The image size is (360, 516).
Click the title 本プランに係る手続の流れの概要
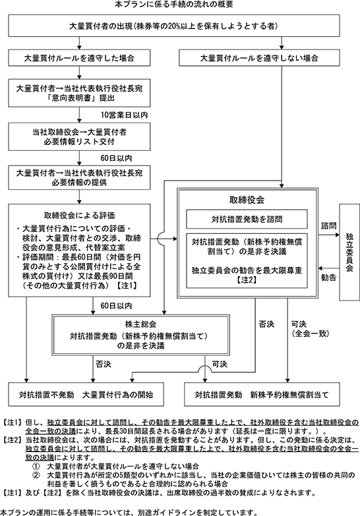[x=174, y=4]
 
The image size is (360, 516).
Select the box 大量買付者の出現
[x=174, y=25]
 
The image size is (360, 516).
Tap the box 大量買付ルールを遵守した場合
[x=79, y=58]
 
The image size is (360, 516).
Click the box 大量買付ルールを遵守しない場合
[x=259, y=58]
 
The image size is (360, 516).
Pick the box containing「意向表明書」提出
[x=79, y=93]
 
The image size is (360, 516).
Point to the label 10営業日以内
[x=124, y=115]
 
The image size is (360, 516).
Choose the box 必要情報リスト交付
[x=79, y=137]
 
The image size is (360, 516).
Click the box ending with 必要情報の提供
[x=79, y=178]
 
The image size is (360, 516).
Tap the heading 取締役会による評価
[x=79, y=215]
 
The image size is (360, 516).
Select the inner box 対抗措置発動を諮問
[x=247, y=219]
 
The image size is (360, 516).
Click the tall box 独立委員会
[x=349, y=252]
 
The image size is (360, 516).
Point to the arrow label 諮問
[x=328, y=226]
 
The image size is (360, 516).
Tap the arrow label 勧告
[x=328, y=277]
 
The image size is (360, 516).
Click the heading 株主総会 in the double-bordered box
[x=140, y=324]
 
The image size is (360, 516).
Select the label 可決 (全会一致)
[x=311, y=329]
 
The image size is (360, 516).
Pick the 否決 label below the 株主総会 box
[x=104, y=364]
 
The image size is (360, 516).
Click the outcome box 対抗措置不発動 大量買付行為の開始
[x=86, y=394]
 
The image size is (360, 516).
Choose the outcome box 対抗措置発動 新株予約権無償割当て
[x=262, y=394]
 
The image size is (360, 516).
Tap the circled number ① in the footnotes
[x=36, y=467]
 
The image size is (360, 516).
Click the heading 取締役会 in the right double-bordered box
[x=247, y=200]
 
